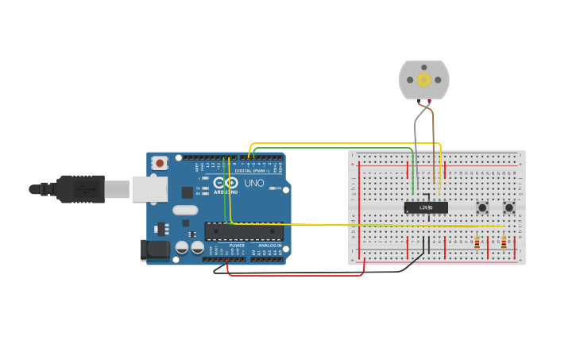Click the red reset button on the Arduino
pos(160,163)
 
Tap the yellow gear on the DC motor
pos(423,79)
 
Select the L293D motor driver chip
pos(426,207)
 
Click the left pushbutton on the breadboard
pos(482,207)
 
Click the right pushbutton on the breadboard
pos(509,207)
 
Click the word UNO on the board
pos(254,184)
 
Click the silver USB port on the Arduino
pos(149,188)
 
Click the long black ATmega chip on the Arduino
pos(244,231)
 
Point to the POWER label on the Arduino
pos(237,246)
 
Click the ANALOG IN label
pos(267,246)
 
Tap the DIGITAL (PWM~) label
pos(252,171)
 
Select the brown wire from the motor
pos(433,127)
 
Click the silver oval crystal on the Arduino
pos(184,211)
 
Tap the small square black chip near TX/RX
pos(187,192)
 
